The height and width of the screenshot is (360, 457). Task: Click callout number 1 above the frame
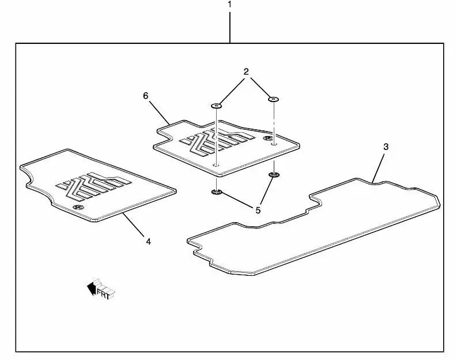tap(230, 4)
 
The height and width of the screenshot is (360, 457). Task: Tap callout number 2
tap(246, 72)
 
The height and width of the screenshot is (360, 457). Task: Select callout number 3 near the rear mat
tap(386, 147)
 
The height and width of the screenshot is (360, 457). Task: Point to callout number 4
tap(148, 241)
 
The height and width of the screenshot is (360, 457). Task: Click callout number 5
tap(258, 210)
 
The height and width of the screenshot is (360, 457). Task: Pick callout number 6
tap(146, 95)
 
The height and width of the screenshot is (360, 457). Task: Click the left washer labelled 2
tap(217, 106)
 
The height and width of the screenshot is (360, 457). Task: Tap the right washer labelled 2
tap(273, 99)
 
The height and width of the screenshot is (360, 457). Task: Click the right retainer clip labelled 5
tap(273, 175)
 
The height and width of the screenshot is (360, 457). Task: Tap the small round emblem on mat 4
tap(78, 207)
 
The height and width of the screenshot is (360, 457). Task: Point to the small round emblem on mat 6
tap(268, 138)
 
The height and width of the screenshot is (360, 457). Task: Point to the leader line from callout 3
tap(378, 168)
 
